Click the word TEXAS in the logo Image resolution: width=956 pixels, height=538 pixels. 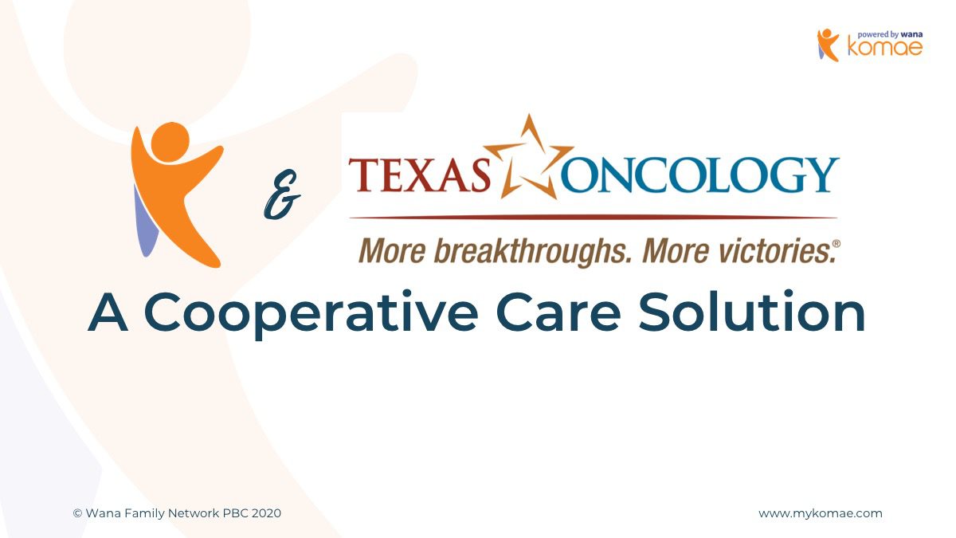tap(421, 175)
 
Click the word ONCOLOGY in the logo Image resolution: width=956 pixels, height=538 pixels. tap(700, 175)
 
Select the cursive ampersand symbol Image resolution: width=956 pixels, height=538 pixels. tap(282, 194)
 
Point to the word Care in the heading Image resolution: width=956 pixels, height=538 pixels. tap(558, 312)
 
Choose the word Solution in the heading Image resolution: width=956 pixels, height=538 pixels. tap(751, 311)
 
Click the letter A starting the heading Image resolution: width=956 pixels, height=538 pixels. tap(108, 312)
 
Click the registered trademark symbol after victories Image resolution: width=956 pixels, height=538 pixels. tap(836, 243)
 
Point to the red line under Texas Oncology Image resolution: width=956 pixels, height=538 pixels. tap(593, 218)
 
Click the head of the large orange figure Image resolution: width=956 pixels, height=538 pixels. tap(170, 142)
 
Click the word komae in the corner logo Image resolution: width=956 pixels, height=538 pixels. tap(885, 47)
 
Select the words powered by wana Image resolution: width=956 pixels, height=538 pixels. tap(890, 34)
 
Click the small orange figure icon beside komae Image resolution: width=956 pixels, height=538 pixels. tap(828, 45)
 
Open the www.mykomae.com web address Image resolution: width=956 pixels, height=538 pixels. tap(821, 513)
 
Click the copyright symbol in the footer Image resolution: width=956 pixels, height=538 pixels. tap(77, 513)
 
